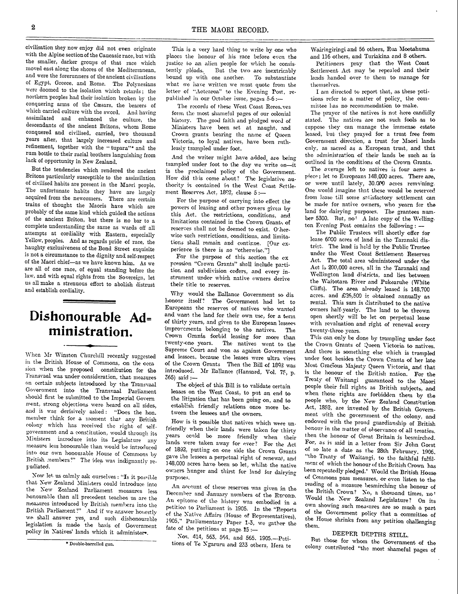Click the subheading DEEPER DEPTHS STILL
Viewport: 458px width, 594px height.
[370, 535]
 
